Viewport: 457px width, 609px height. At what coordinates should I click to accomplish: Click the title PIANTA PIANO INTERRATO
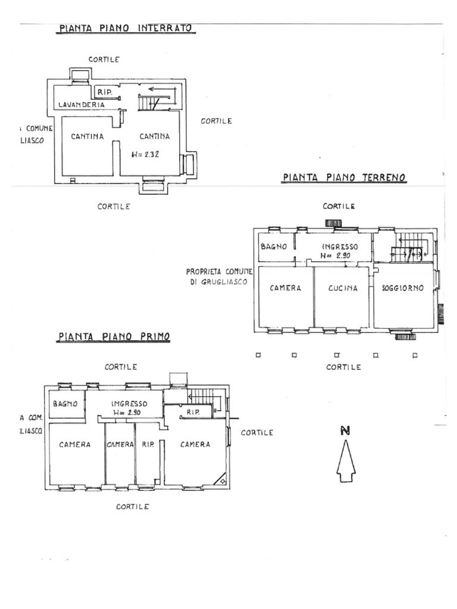pyautogui.click(x=126, y=29)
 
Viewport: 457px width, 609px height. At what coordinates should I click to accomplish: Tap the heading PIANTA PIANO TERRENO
pyautogui.click(x=344, y=177)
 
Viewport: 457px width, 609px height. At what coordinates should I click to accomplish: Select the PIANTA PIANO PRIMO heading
pyautogui.click(x=114, y=337)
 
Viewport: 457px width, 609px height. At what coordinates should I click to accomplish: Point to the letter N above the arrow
pyautogui.click(x=345, y=431)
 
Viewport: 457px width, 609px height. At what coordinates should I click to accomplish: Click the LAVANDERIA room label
pyautogui.click(x=81, y=105)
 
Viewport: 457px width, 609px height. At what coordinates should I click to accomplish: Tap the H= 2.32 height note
pyautogui.click(x=145, y=154)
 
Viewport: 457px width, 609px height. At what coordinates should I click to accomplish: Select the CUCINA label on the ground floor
pyautogui.click(x=343, y=288)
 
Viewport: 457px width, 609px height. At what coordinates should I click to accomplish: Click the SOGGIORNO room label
pyautogui.click(x=403, y=288)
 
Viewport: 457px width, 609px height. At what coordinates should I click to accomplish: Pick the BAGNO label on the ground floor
pyautogui.click(x=274, y=247)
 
